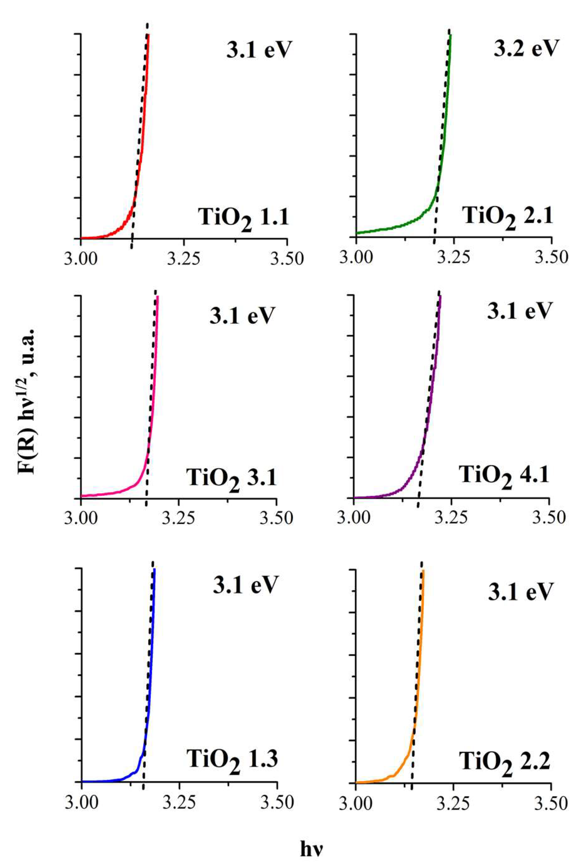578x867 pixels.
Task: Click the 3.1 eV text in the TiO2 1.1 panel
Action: [259, 50]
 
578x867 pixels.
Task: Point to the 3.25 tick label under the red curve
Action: [183, 259]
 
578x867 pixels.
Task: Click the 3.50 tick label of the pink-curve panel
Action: [276, 518]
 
